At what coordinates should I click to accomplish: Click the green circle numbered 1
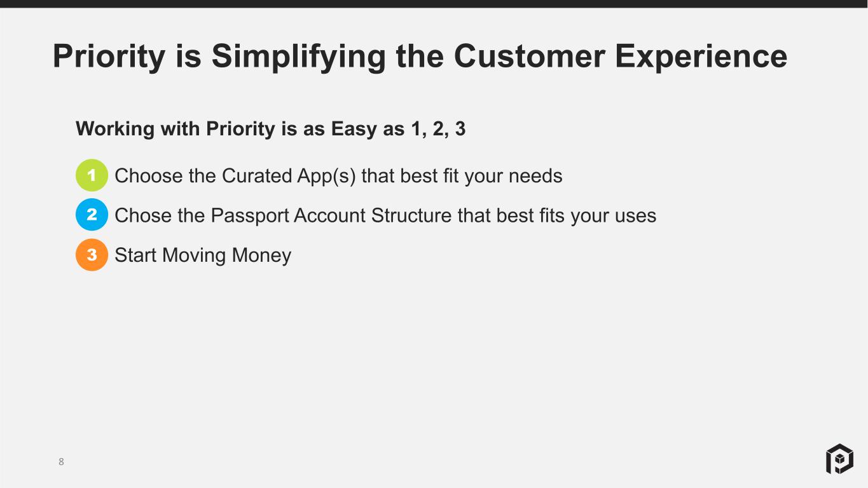click(x=92, y=175)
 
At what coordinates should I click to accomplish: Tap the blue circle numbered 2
click(x=92, y=215)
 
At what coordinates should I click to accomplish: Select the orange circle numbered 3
click(x=92, y=254)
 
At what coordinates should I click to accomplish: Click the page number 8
click(x=61, y=462)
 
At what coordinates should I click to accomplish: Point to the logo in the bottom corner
click(x=840, y=459)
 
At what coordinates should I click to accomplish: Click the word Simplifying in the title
click(x=298, y=57)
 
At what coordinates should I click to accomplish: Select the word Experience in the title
click(x=701, y=57)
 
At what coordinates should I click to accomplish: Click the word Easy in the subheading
click(x=354, y=129)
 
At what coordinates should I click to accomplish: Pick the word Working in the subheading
click(x=115, y=129)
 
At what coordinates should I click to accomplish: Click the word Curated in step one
click(x=257, y=176)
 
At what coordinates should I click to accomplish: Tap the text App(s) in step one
click(x=327, y=177)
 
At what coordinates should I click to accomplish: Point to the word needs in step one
click(x=535, y=177)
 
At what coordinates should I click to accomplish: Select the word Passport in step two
click(x=250, y=216)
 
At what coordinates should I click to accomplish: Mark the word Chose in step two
click(x=143, y=216)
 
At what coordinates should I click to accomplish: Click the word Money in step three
click(x=261, y=256)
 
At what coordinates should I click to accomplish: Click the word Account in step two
click(x=330, y=216)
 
